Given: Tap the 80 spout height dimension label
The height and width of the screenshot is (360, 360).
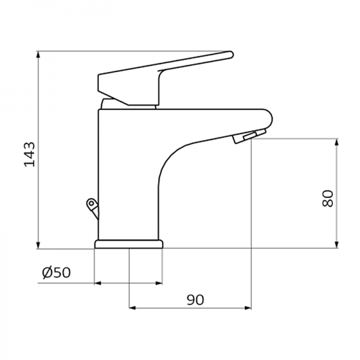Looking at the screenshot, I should [327, 198].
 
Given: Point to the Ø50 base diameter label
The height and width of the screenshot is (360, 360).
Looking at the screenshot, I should [57, 273].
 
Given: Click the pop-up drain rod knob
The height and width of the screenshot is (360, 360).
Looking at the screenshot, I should [90, 205].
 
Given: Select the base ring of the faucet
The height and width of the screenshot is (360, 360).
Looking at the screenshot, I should [128, 244].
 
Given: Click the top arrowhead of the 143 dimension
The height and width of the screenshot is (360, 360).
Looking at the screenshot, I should [38, 56].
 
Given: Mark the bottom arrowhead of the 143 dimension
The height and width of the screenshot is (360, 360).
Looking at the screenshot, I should [38, 245].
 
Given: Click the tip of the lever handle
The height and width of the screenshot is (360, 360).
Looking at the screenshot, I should [229, 55].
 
